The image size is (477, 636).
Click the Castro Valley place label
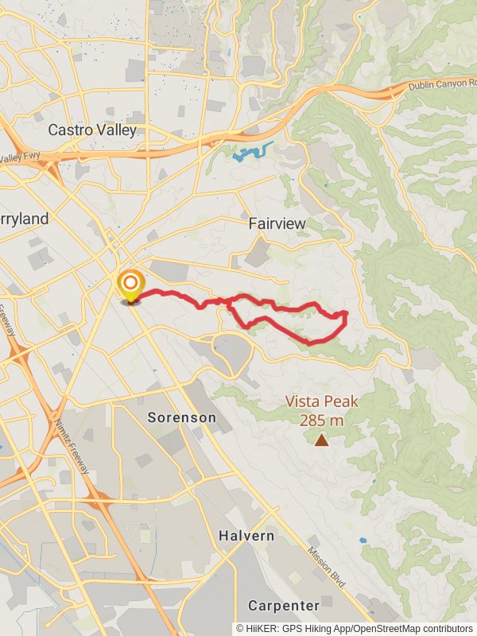pos(92,130)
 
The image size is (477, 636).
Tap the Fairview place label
pos(277,223)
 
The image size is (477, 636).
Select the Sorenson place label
pos(181,417)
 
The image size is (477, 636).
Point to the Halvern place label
pos(246,536)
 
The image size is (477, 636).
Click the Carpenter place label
pos(284,605)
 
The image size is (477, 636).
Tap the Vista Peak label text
pos(321,402)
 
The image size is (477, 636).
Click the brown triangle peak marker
pos(321,440)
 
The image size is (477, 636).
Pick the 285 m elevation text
pos(321,421)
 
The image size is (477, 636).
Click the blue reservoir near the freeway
pos(253,151)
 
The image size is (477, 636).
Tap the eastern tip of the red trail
pos(346,315)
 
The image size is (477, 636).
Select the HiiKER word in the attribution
pos(263,627)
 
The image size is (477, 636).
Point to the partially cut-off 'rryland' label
pos(24,219)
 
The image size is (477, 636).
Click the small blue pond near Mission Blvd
pos(363,540)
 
